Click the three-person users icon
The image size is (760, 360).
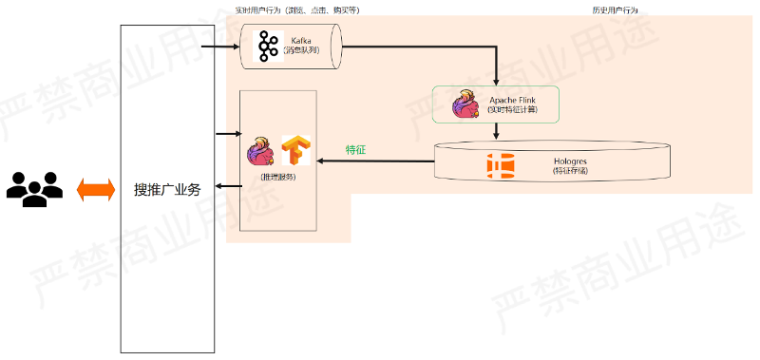(x=34, y=189)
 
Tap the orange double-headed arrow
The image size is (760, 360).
(x=95, y=189)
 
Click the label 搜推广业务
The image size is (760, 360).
(x=166, y=190)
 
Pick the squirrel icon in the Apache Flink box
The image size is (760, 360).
(x=466, y=104)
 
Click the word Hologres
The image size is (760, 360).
(x=570, y=161)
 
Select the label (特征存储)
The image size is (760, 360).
(x=570, y=171)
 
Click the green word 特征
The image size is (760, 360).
(x=356, y=149)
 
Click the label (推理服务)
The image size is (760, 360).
(x=277, y=177)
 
